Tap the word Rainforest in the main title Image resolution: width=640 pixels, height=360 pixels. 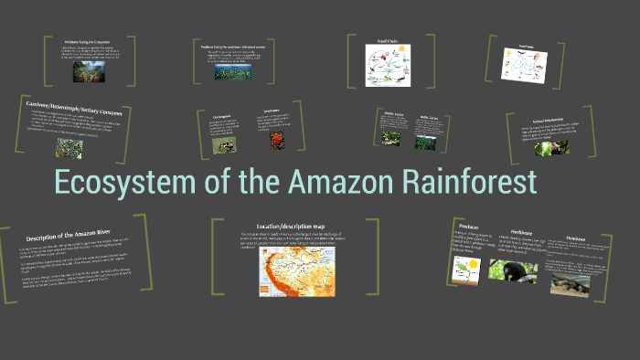[x=465, y=183]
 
